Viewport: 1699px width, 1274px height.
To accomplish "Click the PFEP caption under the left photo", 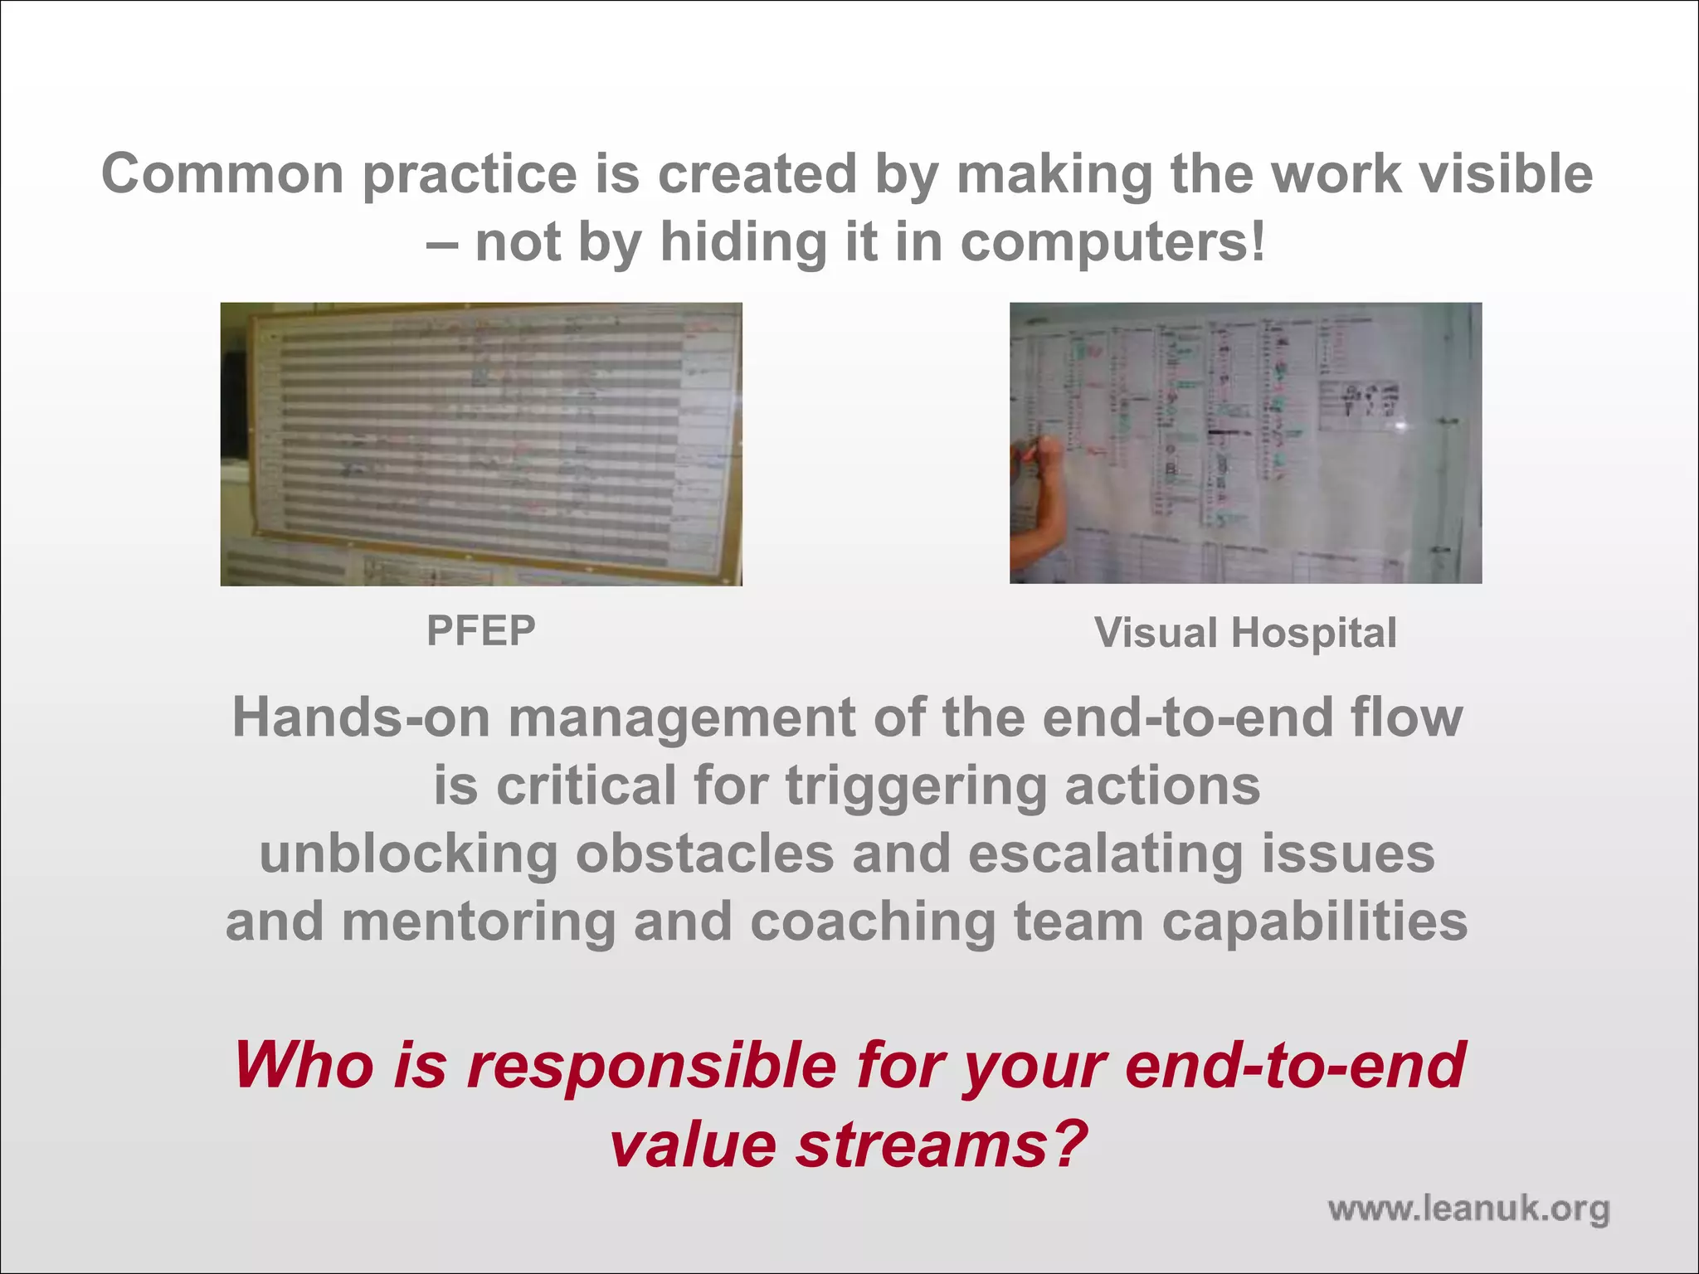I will coord(480,631).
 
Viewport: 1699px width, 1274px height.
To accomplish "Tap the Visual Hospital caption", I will coord(1245,633).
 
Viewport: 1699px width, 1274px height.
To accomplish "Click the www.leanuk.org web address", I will coord(1468,1208).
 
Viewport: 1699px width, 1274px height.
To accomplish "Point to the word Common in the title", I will coord(222,174).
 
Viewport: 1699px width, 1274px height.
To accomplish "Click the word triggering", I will coord(915,786).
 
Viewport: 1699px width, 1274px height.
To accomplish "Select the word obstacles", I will coord(704,854).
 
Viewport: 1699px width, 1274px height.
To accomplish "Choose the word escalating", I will coord(1105,854).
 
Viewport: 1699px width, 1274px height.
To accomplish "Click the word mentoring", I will coord(479,922).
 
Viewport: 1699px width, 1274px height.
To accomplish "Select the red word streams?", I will coord(941,1145).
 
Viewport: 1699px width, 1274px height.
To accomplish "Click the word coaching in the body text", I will coord(873,922).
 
